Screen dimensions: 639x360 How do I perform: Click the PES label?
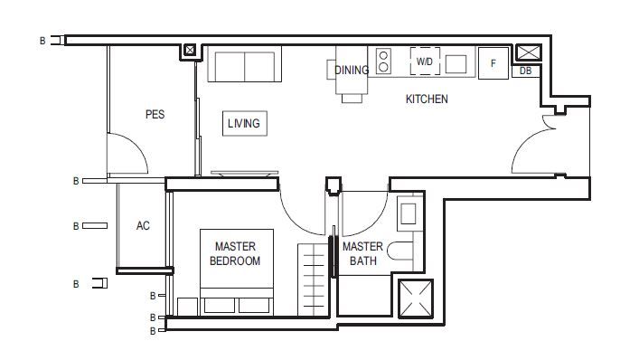pyautogui.click(x=155, y=114)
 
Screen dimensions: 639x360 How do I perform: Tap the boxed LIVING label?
pyautogui.click(x=245, y=123)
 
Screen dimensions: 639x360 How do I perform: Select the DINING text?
pyautogui.click(x=352, y=71)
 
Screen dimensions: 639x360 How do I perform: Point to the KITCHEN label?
pyautogui.click(x=427, y=99)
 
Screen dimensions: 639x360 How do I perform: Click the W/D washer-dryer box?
pyautogui.click(x=425, y=62)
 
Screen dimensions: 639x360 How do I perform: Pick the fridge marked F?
pyautogui.click(x=493, y=63)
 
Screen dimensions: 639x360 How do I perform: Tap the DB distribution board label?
pyautogui.click(x=526, y=71)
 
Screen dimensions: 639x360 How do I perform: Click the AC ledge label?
pyautogui.click(x=143, y=225)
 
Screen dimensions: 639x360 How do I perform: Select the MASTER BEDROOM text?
pyautogui.click(x=235, y=253)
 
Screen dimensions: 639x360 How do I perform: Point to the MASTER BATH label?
pyautogui.click(x=362, y=253)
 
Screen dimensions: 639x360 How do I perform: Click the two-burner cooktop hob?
pyautogui.click(x=383, y=62)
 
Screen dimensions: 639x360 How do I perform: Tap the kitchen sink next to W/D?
pyautogui.click(x=456, y=64)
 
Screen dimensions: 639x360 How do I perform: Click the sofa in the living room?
pyautogui.click(x=245, y=64)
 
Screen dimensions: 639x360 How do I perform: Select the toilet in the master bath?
pyautogui.click(x=399, y=251)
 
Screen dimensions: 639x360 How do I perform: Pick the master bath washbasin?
pyautogui.click(x=408, y=213)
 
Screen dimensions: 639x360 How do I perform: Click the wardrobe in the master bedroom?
pyautogui.click(x=313, y=279)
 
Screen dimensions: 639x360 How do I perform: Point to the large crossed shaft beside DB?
pyautogui.click(x=529, y=53)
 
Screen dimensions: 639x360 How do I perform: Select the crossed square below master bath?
pyautogui.click(x=415, y=298)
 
